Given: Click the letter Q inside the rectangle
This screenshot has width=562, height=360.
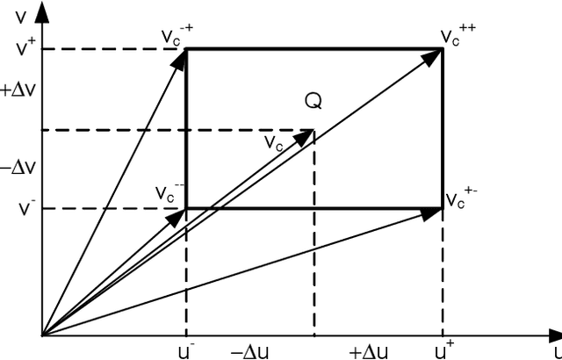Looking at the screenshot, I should click(313, 102).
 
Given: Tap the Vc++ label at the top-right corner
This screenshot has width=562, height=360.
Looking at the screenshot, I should click(458, 37).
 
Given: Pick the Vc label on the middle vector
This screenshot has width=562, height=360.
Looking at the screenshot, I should click(274, 141).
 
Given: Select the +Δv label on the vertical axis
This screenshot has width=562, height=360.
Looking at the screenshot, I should click(18, 89).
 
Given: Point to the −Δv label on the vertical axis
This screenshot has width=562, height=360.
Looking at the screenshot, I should click(18, 167).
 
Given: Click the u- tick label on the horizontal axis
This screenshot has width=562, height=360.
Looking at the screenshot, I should click(186, 349).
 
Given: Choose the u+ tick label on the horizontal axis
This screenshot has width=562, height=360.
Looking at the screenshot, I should click(443, 349).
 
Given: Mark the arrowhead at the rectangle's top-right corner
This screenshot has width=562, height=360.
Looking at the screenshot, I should click(433, 55).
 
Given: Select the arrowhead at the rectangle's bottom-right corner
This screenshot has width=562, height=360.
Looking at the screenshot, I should click(433, 211).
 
